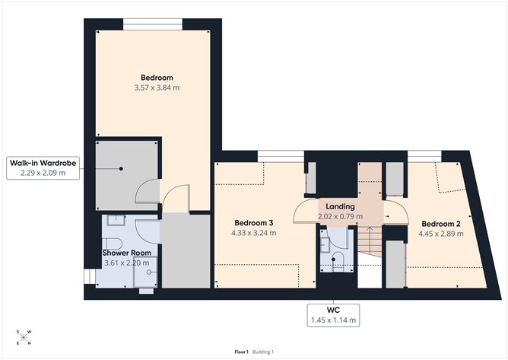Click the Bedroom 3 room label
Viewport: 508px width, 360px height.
(254, 223)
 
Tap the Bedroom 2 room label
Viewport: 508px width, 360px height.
(441, 224)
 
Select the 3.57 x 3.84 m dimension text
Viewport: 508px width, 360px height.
(157, 88)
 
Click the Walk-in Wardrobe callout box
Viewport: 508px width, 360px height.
(43, 168)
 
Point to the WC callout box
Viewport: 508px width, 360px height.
(333, 315)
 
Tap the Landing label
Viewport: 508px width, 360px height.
(340, 206)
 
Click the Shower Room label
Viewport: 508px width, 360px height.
(127, 253)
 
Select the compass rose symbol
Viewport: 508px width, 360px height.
(24, 337)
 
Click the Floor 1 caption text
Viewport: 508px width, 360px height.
(241, 352)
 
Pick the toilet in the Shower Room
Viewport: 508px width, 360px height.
(112, 244)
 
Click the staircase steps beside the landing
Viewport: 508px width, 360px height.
(370, 241)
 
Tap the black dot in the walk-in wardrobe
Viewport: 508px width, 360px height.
(121, 169)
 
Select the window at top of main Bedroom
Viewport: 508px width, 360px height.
(153, 24)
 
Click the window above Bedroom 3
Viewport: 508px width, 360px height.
(281, 156)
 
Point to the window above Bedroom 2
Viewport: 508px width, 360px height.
(425, 156)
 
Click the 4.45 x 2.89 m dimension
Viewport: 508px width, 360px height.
(441, 234)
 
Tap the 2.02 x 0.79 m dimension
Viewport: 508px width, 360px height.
(340, 216)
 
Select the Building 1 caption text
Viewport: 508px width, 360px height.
(263, 352)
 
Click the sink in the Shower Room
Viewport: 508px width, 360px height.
(116, 220)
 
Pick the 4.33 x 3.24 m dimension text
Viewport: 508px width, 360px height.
(254, 233)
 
